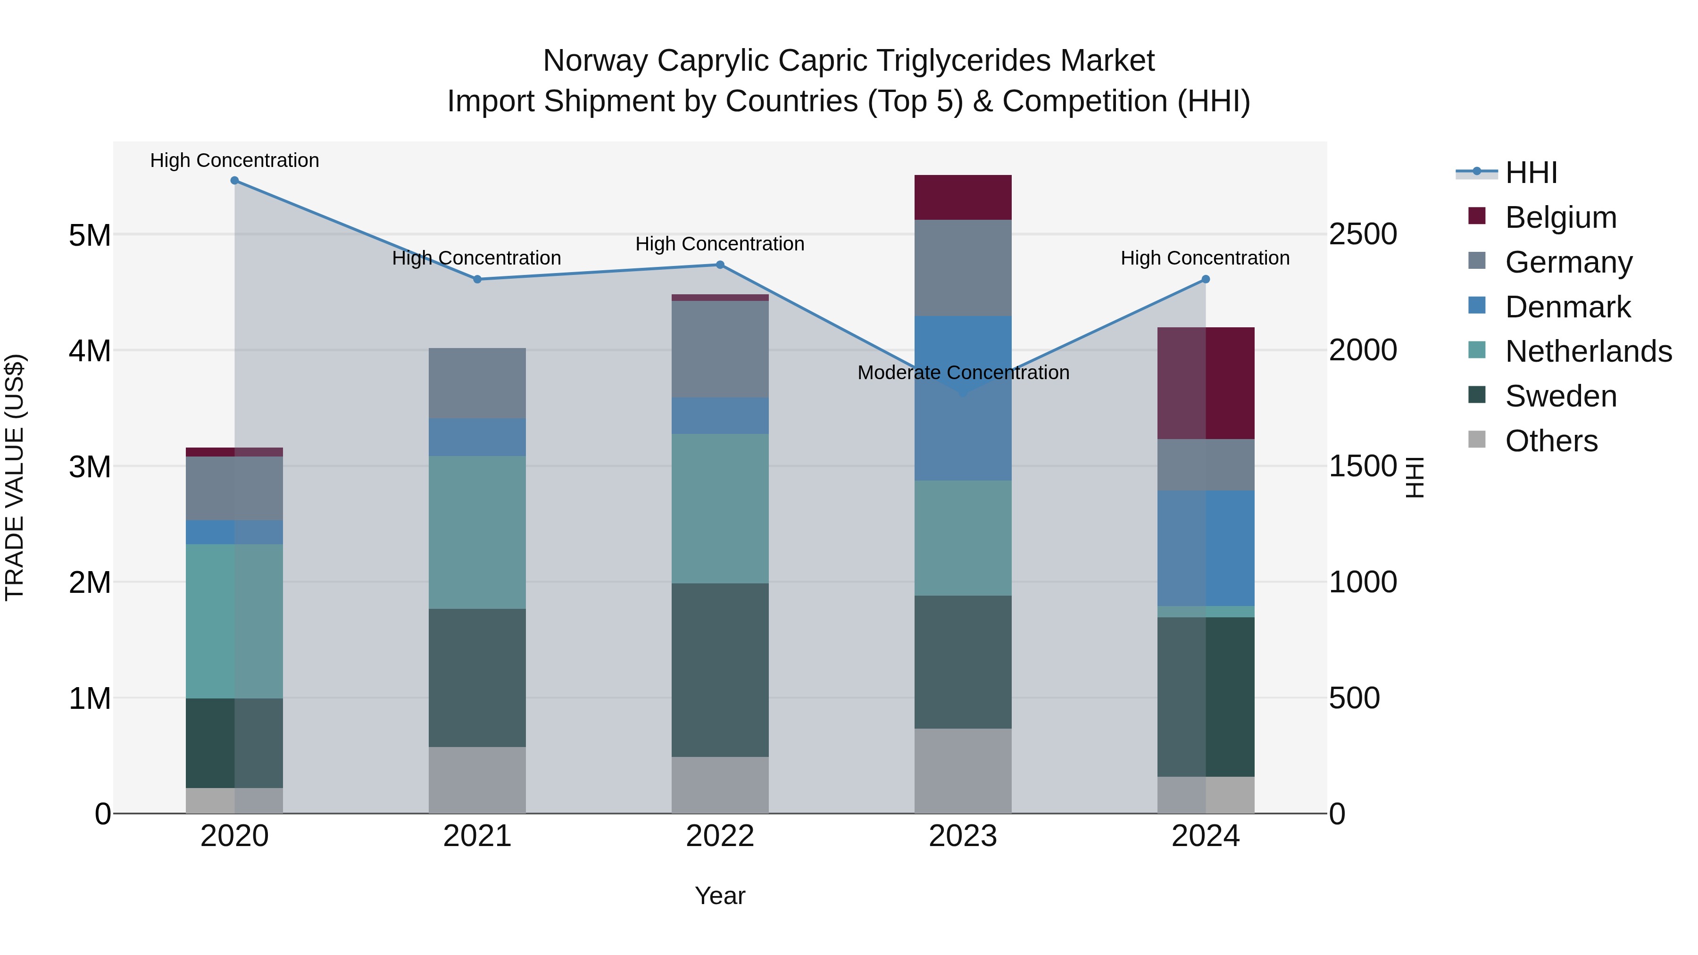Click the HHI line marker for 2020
[235, 181]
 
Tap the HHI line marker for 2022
[720, 265]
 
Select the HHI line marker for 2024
[1206, 280]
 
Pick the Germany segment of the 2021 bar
[477, 383]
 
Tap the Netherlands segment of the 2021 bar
[477, 532]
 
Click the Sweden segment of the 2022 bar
[720, 670]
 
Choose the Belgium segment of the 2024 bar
[1206, 383]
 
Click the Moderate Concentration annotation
[963, 373]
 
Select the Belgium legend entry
[1560, 217]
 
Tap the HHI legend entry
[1531, 173]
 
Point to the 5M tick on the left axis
[90, 235]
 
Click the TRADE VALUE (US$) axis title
[15, 477]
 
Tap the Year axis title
[720, 896]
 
